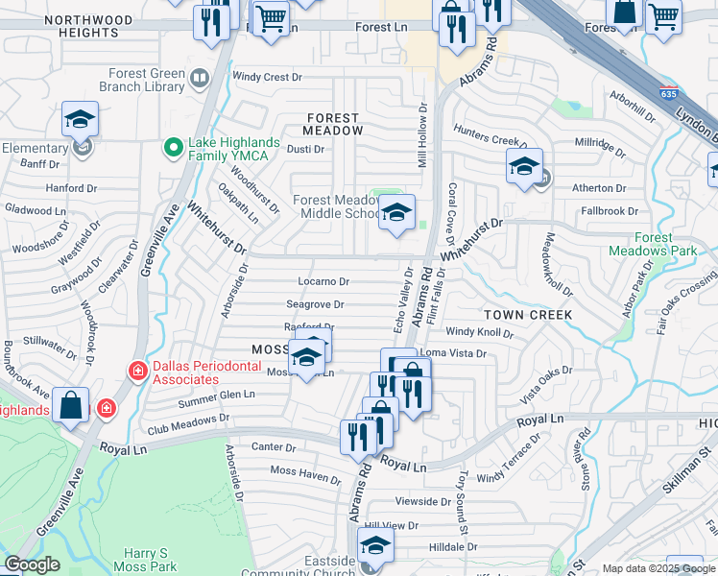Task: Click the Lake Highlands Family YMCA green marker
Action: [174, 147]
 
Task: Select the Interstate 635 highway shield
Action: [669, 94]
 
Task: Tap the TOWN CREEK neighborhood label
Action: [527, 315]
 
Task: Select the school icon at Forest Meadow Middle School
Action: [396, 213]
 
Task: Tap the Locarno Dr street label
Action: [323, 282]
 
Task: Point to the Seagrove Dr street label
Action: [315, 305]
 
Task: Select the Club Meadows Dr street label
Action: [186, 419]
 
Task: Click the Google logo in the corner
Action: [31, 565]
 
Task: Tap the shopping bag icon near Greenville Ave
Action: [71, 405]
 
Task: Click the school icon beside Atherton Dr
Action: [524, 166]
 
